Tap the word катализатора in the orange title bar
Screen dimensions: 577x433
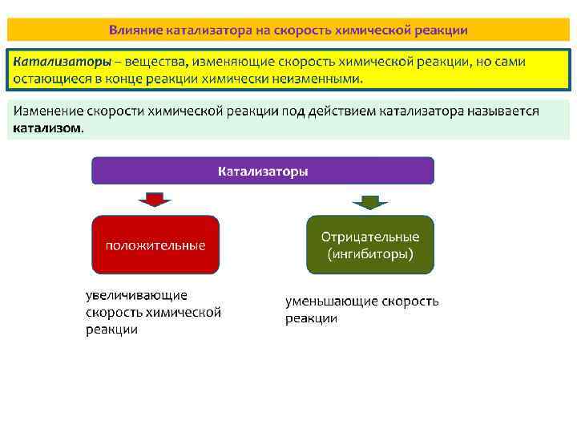tap(204, 30)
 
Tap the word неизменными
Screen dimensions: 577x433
tap(320, 79)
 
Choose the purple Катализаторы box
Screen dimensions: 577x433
tap(263, 172)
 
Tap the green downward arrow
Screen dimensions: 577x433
tap(369, 200)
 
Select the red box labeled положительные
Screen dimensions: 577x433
tap(155, 245)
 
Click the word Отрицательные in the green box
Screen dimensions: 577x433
tap(369, 237)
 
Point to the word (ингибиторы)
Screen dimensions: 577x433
tap(369, 254)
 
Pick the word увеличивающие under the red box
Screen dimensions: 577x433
tap(136, 296)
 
